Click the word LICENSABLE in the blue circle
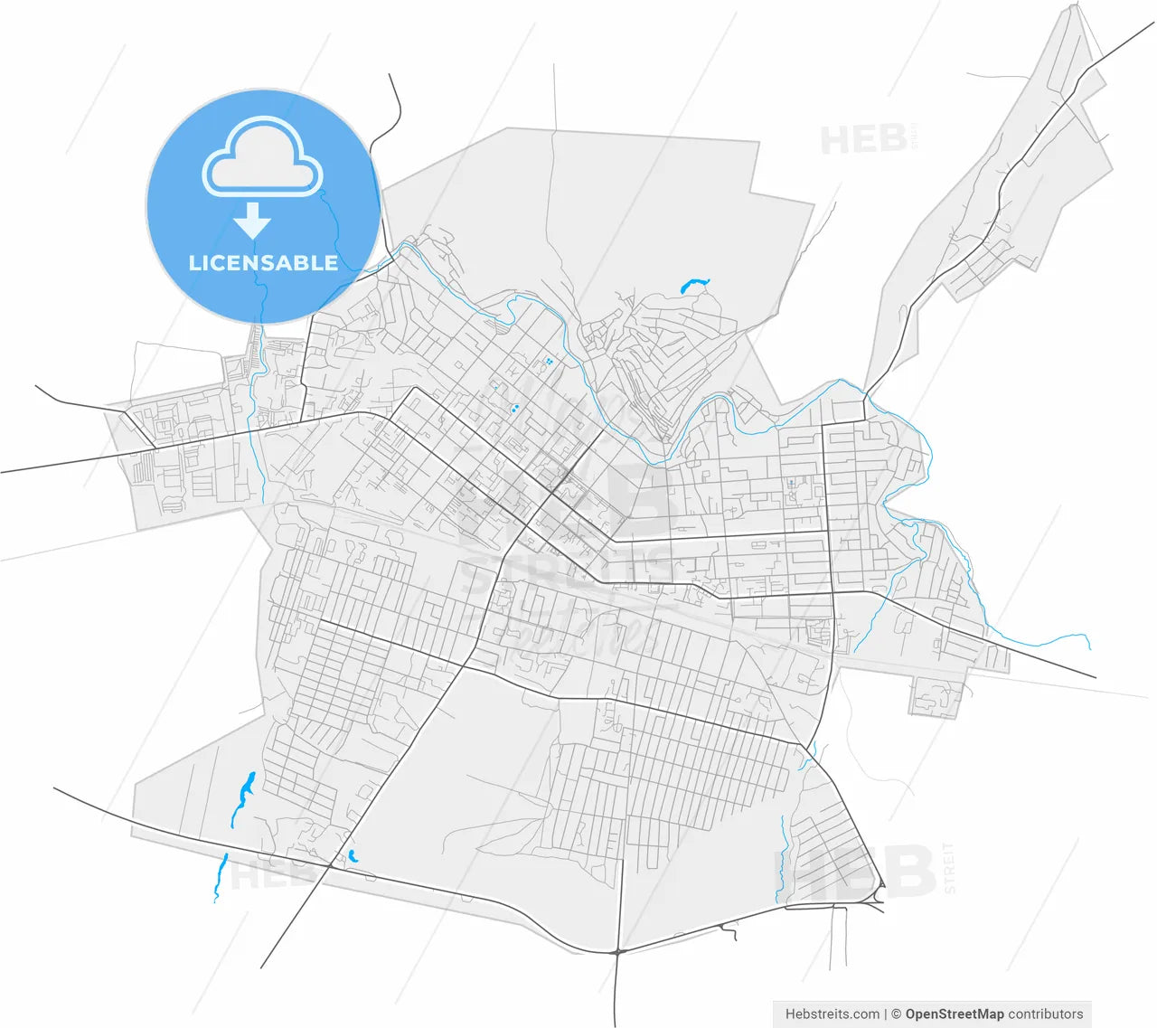click(263, 263)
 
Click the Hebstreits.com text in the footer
click(832, 1014)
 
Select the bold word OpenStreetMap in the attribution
click(955, 1014)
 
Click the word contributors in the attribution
click(1046, 1014)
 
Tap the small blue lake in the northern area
click(693, 286)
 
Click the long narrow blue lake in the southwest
click(242, 798)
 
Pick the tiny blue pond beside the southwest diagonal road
click(353, 855)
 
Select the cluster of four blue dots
click(548, 362)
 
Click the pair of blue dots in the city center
click(514, 409)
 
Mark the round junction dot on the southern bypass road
click(616, 951)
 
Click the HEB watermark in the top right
click(863, 139)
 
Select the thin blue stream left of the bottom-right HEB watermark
click(780, 859)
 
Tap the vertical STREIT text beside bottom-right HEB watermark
click(948, 868)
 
